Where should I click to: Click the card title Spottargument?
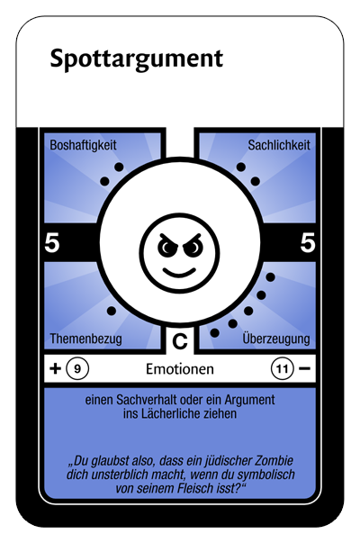pos(137,59)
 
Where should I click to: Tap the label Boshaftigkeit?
pos(83,145)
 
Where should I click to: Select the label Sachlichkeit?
pos(279,145)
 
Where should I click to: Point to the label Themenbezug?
pos(85,339)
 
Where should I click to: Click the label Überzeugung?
pos(276,338)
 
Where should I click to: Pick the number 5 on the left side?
pos(52,242)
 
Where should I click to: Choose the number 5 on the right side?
pos(308,242)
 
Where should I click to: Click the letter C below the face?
pos(180,341)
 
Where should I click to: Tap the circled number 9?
pos(77,369)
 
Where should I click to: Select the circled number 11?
pos(282,369)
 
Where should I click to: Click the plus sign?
pos(55,368)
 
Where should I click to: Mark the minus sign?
pos(304,368)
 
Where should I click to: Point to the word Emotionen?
pos(180,369)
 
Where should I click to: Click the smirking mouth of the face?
pos(179,272)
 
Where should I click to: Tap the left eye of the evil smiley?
pos(167,247)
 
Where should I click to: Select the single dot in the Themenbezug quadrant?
pos(112,311)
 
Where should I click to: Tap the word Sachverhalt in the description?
pos(149,400)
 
